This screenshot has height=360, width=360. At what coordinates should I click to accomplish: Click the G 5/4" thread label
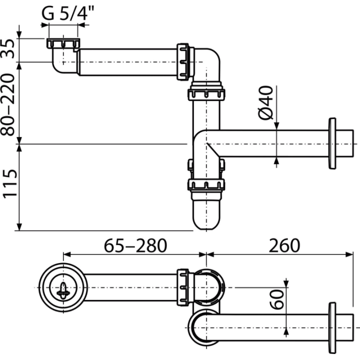(68, 13)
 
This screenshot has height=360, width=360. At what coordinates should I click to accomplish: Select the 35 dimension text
(9, 48)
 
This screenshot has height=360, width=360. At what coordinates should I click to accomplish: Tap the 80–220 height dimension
(8, 104)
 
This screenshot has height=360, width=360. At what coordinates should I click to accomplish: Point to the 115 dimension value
(9, 183)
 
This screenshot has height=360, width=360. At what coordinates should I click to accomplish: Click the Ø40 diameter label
(266, 102)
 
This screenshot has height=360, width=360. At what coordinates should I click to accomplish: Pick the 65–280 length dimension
(135, 245)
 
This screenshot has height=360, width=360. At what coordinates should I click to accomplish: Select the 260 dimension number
(284, 245)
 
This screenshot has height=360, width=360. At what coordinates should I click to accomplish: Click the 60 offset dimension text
(276, 299)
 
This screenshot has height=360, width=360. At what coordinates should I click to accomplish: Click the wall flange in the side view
(332, 143)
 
